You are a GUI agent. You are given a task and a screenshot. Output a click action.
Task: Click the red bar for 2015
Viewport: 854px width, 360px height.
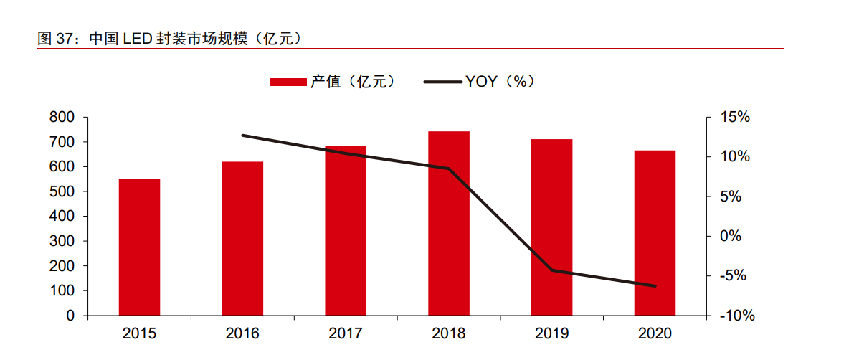(x=139, y=247)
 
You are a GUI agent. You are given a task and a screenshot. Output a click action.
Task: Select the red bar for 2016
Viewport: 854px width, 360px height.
(x=242, y=238)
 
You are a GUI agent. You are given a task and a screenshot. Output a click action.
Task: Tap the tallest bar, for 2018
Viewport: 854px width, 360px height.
(x=449, y=223)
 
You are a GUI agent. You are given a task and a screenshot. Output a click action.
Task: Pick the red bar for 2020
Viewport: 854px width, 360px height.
(x=655, y=232)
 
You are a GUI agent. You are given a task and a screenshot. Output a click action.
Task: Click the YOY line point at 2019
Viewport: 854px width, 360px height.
(x=552, y=270)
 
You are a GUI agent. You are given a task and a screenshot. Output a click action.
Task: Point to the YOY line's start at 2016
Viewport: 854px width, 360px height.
(x=242, y=135)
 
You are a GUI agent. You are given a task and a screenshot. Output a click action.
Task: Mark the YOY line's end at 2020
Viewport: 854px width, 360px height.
(x=655, y=286)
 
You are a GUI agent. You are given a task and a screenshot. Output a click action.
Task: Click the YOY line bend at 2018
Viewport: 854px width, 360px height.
(x=449, y=169)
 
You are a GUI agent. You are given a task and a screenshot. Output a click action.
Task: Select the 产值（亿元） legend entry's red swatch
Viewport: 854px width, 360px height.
(x=288, y=82)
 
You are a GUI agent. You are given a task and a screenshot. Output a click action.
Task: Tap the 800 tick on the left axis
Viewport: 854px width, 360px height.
(x=63, y=117)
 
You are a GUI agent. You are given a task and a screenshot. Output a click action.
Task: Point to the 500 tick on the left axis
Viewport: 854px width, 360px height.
(x=63, y=191)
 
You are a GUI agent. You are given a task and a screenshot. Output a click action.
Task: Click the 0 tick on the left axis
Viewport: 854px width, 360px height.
(x=70, y=316)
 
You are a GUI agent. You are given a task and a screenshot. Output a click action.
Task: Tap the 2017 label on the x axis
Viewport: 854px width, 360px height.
(x=346, y=333)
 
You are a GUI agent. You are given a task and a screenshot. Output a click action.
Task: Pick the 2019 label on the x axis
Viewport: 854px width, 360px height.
(x=551, y=333)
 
